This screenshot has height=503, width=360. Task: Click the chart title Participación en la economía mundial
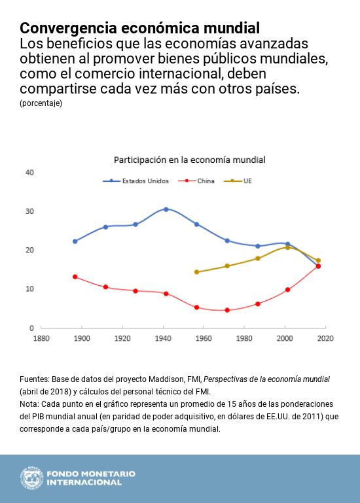[x=189, y=160]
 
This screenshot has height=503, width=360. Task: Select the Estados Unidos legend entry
[x=135, y=181]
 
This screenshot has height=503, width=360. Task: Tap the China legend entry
[x=196, y=181]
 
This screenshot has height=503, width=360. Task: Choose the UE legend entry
[x=238, y=181]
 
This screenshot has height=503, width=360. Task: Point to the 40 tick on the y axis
[x=29, y=173]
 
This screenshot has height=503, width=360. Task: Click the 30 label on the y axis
[x=29, y=211]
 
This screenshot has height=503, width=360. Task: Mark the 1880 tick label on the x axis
[x=41, y=338]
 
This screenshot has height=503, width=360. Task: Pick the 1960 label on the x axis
[x=204, y=338]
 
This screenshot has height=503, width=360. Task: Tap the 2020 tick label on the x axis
[x=325, y=338]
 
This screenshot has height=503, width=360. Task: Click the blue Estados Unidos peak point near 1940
[x=166, y=209]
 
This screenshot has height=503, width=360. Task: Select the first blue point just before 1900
[x=75, y=241]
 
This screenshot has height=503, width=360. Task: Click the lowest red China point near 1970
[x=227, y=310]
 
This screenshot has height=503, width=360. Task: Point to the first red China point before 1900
[x=75, y=277]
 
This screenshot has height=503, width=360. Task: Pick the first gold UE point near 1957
[x=196, y=272]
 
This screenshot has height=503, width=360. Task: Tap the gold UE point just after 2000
[x=288, y=247]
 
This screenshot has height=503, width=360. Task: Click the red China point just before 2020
[x=318, y=266]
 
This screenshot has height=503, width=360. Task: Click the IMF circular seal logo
[x=31, y=478]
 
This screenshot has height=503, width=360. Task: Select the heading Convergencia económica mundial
[x=139, y=28]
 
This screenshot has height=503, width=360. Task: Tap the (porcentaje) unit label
[x=41, y=103]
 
